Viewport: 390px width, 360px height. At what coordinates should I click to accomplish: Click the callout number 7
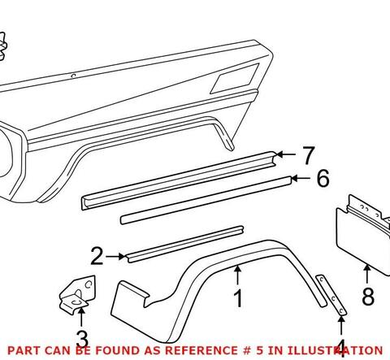point(308,155)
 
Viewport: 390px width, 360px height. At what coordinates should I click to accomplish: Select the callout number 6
point(323,178)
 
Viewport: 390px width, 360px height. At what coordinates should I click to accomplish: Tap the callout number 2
point(97,256)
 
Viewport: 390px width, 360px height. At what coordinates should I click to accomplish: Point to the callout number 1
point(238,298)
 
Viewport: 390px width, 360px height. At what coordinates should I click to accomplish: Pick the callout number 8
point(368,296)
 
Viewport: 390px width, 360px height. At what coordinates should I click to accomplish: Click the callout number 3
point(82,339)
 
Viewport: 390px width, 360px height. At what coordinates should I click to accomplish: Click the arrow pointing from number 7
point(286,154)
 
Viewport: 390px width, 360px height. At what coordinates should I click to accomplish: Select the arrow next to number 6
point(301,178)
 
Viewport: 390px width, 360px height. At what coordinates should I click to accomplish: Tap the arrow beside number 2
point(115,256)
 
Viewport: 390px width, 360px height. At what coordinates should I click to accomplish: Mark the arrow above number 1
point(237,275)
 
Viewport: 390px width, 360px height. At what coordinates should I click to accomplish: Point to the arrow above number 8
point(367,274)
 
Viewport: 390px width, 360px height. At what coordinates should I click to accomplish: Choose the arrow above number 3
point(81,317)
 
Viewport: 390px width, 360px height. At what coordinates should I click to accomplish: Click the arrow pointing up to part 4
point(341,325)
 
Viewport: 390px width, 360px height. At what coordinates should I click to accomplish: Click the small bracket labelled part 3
point(77,295)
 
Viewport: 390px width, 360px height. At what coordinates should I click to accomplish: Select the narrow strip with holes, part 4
point(331,295)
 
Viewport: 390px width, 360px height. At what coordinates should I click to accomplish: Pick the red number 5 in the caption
point(259,350)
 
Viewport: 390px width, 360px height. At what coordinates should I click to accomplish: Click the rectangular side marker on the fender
point(235,79)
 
